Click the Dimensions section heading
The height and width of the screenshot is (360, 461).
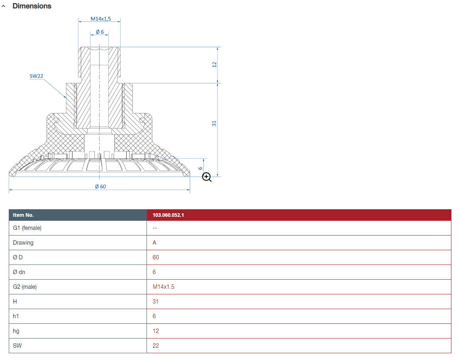tap(32, 6)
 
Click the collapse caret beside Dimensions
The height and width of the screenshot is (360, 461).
tap(4, 6)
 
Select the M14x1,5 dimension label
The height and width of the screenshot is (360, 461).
tap(99, 19)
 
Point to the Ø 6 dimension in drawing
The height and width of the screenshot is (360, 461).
tap(99, 32)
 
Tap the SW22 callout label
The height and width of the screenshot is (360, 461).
tap(36, 76)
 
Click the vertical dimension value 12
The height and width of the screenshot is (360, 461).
tap(214, 64)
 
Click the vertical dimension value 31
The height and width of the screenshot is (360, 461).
tap(214, 124)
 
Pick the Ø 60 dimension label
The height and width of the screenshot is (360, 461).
tap(101, 186)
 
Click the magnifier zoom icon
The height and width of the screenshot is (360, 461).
tap(207, 177)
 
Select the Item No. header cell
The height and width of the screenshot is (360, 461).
tap(23, 215)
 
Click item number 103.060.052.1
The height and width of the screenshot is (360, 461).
tap(168, 215)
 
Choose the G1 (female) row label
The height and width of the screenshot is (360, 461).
tap(27, 228)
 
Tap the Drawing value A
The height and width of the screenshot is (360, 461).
tap(154, 243)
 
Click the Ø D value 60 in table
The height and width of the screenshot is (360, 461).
tap(156, 257)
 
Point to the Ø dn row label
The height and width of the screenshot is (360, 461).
tap(19, 272)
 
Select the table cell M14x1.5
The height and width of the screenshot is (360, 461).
tap(163, 287)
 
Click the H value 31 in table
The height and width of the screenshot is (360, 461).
tap(156, 302)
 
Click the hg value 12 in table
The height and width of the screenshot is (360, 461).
tap(156, 331)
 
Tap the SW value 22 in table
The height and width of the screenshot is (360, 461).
tap(156, 346)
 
